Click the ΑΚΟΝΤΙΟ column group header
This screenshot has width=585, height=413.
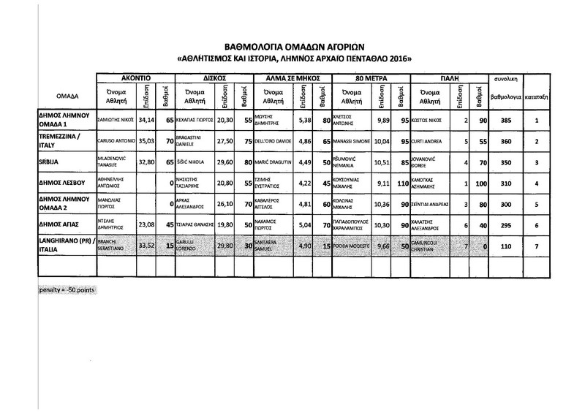[136, 77]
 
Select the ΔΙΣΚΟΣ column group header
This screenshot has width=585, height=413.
[213, 77]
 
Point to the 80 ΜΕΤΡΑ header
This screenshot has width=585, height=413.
[370, 77]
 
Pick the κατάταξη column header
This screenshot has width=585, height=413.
[537, 96]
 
